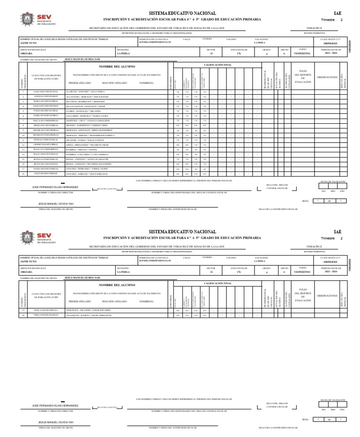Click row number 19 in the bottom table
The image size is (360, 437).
point(23,310)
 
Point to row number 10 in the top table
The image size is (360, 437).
point(23,135)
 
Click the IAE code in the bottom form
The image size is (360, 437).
point(337,232)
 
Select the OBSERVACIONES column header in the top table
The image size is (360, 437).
point(327,77)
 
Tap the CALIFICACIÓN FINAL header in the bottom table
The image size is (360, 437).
point(218,283)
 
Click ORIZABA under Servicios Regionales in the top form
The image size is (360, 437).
point(26,53)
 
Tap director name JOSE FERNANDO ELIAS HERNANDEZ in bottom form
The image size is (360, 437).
point(55,405)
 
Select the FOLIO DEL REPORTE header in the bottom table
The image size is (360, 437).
point(303,296)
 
